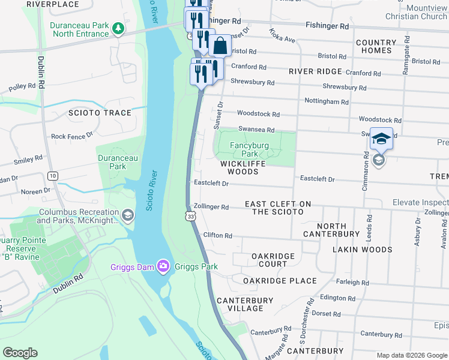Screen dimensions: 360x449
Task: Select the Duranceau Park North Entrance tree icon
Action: [119, 28]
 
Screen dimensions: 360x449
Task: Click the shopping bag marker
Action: [220, 46]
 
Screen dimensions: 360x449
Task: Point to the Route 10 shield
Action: [53, 175]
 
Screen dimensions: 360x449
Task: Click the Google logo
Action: [20, 353]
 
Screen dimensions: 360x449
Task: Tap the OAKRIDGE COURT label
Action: [273, 260]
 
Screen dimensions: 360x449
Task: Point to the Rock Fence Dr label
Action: [72, 136]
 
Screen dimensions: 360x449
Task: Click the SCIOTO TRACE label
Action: [100, 113]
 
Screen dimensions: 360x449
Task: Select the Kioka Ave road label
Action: [282, 35]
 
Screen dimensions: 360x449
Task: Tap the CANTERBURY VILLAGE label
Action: [240, 304]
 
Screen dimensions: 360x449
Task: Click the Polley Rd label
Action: [22, 87]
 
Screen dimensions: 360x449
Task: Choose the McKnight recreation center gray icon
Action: [127, 215]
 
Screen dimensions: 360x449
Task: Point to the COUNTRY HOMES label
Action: [376, 47]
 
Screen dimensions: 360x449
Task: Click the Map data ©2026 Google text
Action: [411, 355]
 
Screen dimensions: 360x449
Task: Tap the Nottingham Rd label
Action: [327, 101]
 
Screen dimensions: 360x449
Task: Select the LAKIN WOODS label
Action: [364, 250]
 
